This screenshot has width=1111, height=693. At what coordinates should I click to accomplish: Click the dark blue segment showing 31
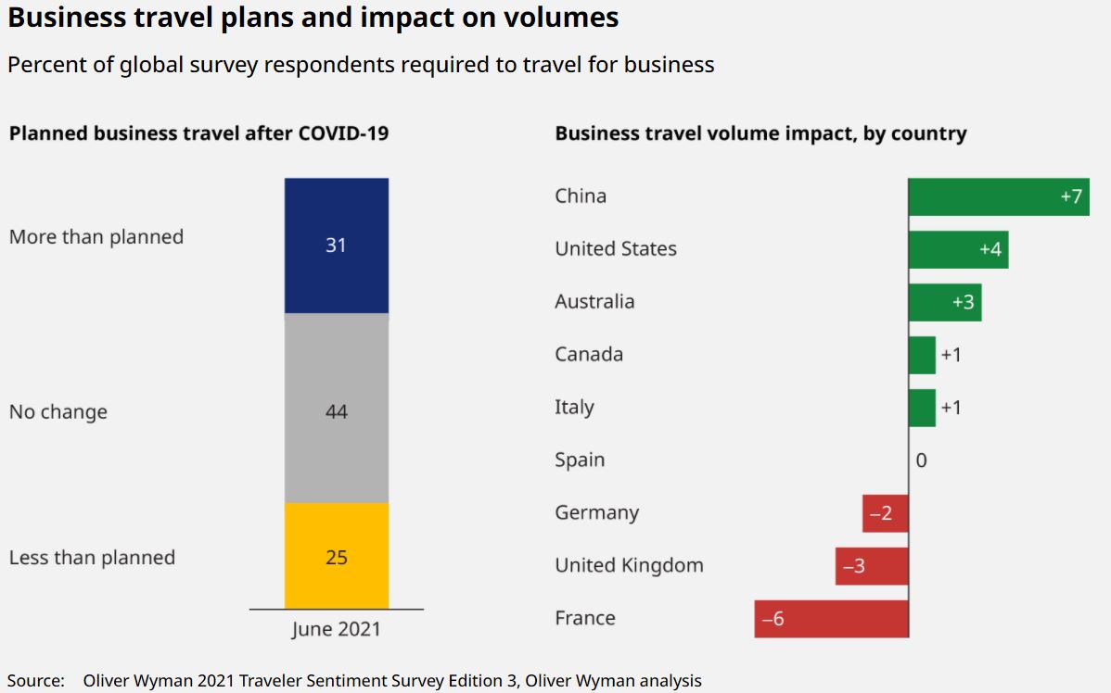(337, 246)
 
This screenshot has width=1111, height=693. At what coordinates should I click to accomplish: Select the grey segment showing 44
(337, 409)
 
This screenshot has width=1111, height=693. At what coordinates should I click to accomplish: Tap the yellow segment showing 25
(337, 556)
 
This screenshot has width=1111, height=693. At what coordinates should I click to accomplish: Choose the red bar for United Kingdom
(872, 566)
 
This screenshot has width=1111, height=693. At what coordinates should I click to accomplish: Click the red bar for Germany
(885, 513)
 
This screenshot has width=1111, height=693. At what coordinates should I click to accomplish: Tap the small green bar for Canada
(922, 355)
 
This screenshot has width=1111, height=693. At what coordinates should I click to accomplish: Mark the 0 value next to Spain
(921, 460)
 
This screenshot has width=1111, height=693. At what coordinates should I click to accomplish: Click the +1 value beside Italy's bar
(951, 408)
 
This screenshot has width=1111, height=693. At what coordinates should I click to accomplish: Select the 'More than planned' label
(96, 237)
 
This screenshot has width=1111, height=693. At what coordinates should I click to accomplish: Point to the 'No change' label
(58, 412)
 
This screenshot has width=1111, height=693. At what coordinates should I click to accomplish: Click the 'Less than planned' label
(92, 558)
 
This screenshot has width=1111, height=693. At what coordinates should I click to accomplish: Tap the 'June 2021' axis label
(336, 629)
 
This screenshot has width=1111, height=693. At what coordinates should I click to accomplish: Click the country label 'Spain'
(580, 460)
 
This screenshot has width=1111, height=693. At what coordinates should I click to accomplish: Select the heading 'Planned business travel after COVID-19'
(198, 133)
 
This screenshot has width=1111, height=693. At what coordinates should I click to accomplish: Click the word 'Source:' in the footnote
(36, 680)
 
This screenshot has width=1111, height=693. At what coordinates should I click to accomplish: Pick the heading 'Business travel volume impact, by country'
(760, 133)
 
